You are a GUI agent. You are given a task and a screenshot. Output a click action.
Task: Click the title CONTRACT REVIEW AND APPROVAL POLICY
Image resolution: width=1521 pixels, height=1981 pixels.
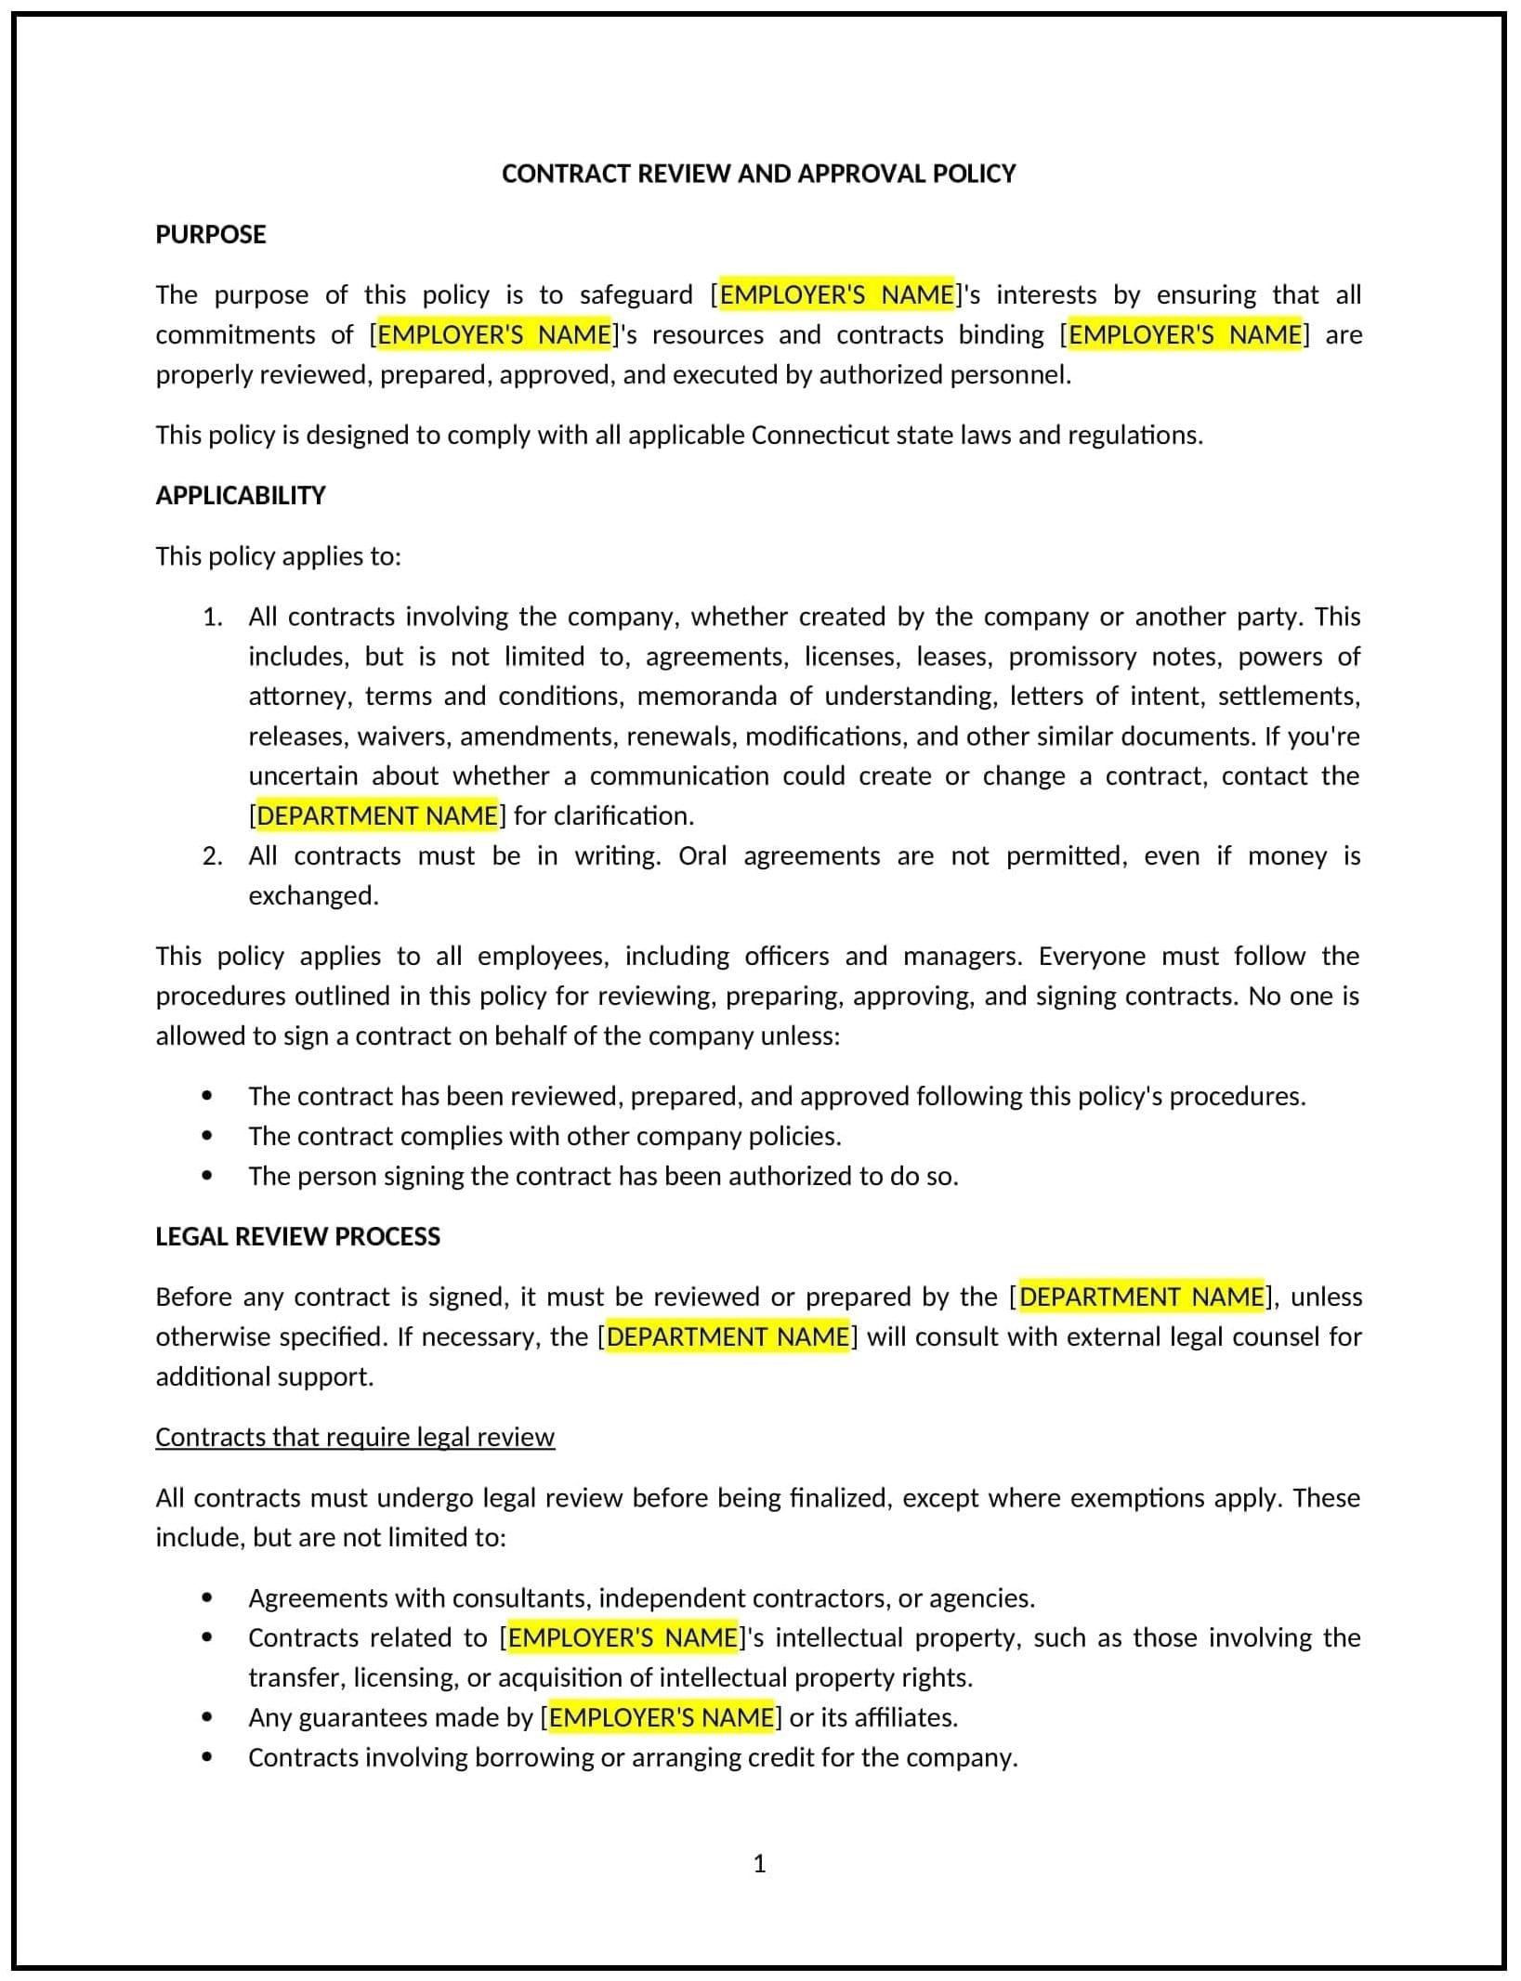(x=758, y=174)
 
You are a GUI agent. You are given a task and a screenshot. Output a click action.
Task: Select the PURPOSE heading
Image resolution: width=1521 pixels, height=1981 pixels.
(x=211, y=234)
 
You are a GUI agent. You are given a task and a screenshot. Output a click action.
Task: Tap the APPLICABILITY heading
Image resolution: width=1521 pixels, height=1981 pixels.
(x=241, y=495)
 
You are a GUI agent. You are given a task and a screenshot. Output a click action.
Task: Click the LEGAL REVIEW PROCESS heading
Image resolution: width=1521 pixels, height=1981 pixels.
(x=297, y=1236)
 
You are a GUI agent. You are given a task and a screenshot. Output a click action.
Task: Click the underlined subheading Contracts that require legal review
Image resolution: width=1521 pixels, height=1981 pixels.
(x=355, y=1437)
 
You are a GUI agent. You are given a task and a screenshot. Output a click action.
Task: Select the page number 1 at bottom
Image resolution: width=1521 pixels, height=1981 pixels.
(x=759, y=1864)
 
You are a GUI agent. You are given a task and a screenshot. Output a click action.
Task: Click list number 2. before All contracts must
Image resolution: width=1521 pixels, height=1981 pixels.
(x=212, y=855)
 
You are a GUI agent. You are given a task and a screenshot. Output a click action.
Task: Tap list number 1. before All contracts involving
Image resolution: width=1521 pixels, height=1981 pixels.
(x=212, y=617)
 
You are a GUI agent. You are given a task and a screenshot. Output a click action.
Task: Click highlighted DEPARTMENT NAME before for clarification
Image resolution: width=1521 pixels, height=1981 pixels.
(x=377, y=815)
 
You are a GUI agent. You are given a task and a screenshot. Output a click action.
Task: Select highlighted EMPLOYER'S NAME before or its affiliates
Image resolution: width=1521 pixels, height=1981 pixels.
(x=661, y=1717)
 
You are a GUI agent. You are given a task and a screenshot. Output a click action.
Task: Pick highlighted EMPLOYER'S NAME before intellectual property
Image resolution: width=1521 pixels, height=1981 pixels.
(x=623, y=1637)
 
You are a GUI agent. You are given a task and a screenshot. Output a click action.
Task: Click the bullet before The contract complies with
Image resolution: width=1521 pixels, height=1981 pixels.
(x=206, y=1136)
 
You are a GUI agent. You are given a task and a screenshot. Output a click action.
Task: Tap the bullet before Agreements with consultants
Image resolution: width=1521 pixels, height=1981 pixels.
(x=206, y=1597)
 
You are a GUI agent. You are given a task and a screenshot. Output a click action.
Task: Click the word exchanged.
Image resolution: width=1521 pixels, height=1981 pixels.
(x=313, y=895)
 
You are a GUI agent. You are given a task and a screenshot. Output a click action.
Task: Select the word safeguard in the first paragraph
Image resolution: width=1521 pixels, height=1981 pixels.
(x=636, y=294)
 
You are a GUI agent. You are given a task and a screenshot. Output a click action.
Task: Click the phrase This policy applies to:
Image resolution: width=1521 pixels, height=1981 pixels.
(x=278, y=555)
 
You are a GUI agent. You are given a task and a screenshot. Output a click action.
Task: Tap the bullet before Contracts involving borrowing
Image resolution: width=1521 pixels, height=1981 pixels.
(x=206, y=1757)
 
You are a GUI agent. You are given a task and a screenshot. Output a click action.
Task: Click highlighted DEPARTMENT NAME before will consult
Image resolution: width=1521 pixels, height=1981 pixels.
(x=728, y=1336)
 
